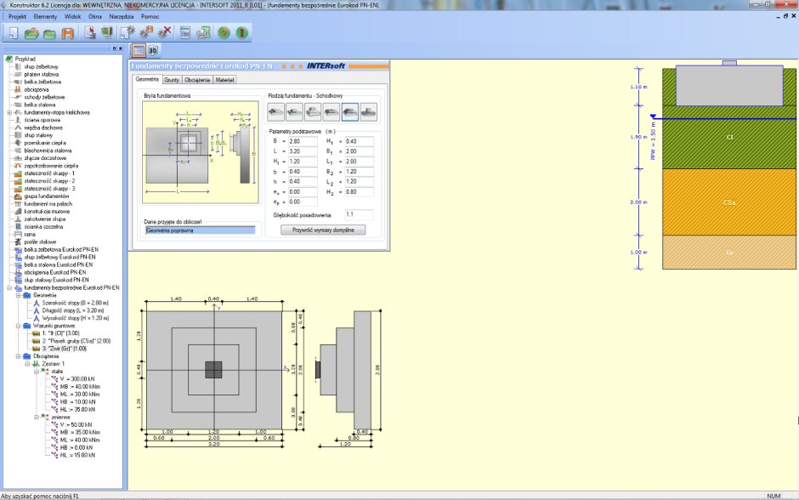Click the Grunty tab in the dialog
point(171,80)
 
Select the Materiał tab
point(225,80)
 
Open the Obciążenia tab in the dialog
point(196,80)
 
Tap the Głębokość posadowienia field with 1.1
point(359,214)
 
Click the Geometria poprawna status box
point(200,230)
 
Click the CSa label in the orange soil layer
point(729,203)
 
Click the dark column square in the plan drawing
point(214,369)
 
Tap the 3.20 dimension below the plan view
point(214,445)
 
